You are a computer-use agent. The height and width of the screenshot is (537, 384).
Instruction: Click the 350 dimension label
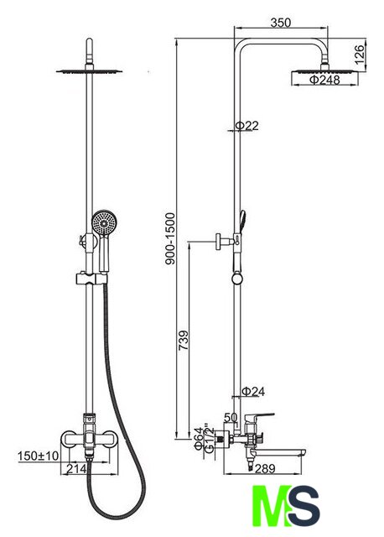(280, 23)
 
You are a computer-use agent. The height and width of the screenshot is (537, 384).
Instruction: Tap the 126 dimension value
(360, 55)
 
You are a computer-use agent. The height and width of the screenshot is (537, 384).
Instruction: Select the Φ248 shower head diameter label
(324, 81)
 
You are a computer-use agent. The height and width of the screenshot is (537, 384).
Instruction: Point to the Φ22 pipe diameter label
(246, 126)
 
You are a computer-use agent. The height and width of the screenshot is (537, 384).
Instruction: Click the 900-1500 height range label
(170, 238)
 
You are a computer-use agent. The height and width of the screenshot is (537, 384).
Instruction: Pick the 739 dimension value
(184, 340)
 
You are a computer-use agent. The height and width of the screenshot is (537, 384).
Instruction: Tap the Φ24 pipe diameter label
(253, 392)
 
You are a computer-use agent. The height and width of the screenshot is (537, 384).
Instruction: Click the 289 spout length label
(266, 468)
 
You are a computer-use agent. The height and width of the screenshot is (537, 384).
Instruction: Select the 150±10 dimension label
(39, 456)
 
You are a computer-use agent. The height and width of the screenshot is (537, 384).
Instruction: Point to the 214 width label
(76, 468)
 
